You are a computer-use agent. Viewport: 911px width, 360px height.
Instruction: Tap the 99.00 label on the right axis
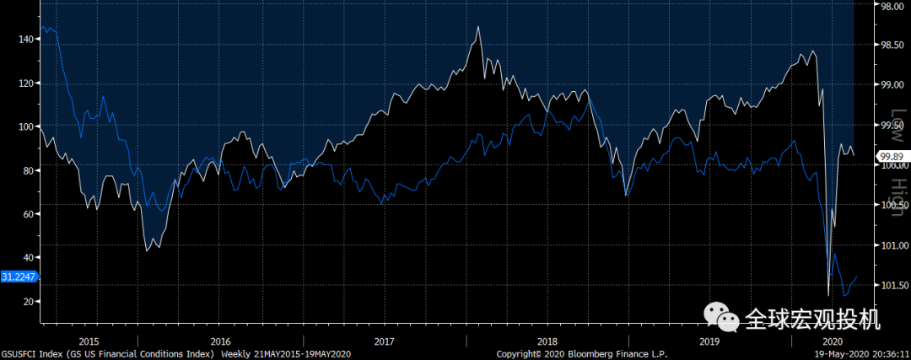[x=892, y=84]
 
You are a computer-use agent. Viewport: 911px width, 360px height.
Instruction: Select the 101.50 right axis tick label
[x=892, y=285]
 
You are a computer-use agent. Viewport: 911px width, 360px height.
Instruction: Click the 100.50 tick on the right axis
[x=892, y=205]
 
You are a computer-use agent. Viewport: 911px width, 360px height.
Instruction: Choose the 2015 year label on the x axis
[x=89, y=341]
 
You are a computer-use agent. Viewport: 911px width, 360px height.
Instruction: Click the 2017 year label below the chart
[x=384, y=341]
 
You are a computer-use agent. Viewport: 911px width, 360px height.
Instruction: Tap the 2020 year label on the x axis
[x=833, y=341]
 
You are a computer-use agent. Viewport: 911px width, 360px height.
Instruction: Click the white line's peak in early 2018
[x=478, y=27]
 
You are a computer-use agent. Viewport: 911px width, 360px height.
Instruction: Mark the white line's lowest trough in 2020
[x=828, y=295]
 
